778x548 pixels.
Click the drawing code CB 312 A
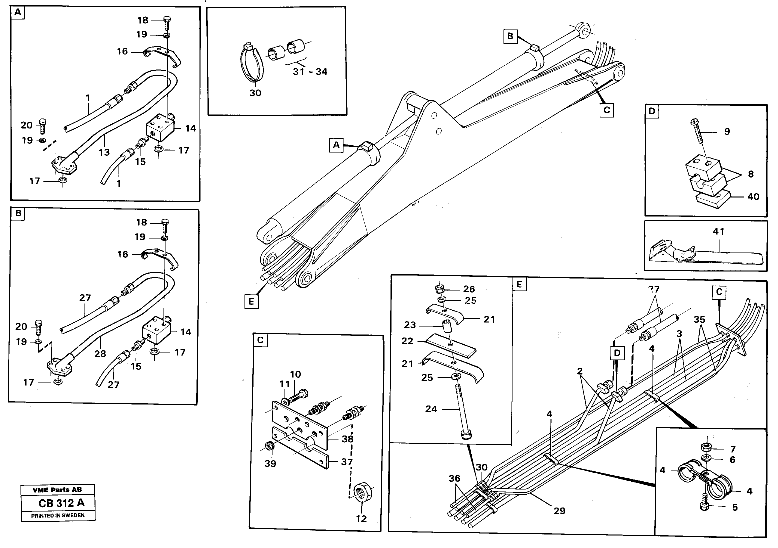coord(61,503)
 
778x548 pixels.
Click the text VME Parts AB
coord(57,490)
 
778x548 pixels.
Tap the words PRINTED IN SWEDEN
coord(58,515)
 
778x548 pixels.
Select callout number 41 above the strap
coord(718,231)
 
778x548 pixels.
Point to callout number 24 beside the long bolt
coord(431,409)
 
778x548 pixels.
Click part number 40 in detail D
coord(753,196)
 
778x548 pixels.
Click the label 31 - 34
coord(310,71)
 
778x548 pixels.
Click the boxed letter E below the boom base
coord(251,301)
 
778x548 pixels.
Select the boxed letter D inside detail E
coord(617,353)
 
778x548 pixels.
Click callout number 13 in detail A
coord(104,152)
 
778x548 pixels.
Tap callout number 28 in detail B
coord(100,353)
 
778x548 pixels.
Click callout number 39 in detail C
coord(270,463)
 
